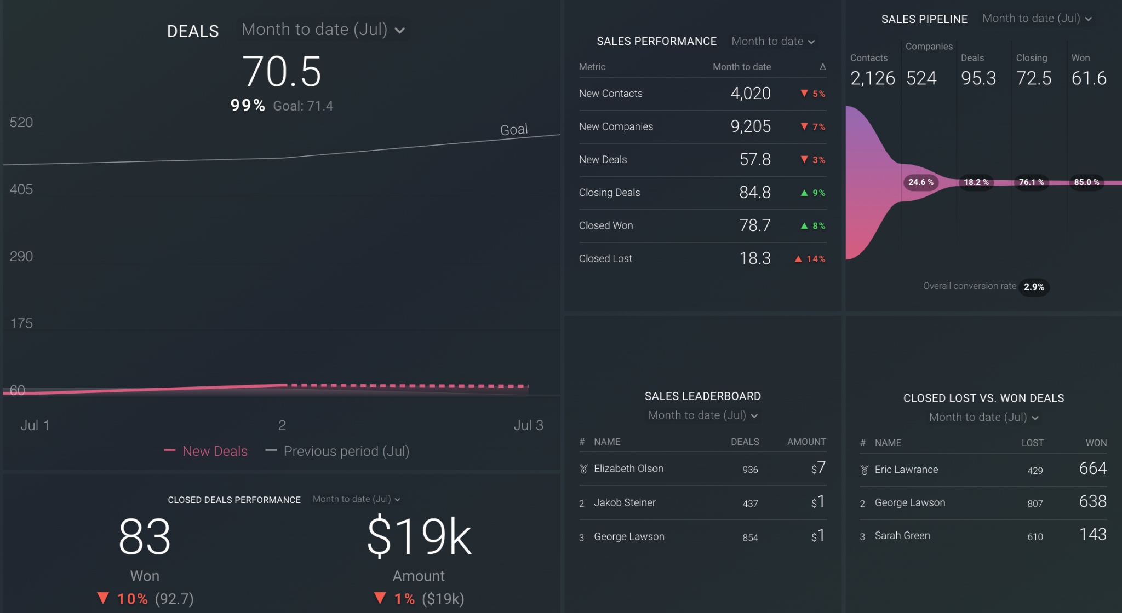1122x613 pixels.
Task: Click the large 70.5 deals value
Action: point(282,72)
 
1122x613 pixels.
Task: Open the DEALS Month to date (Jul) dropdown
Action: point(323,30)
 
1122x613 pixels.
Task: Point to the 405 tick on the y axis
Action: point(21,189)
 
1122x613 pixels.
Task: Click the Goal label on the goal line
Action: point(513,130)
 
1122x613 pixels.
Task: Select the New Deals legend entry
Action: point(214,451)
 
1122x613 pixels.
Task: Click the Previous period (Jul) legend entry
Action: point(346,451)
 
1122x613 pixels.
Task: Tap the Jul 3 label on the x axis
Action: point(528,425)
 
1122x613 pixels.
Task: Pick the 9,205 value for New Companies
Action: point(750,126)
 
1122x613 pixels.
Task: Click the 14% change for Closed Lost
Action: point(815,259)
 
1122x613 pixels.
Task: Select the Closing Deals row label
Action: point(609,193)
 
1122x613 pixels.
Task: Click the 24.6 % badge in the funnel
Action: point(920,182)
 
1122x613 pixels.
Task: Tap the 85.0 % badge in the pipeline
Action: point(1086,182)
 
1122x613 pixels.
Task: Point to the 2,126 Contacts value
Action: point(872,78)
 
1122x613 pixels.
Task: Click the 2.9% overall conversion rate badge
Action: point(1033,287)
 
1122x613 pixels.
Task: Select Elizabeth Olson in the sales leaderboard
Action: point(628,469)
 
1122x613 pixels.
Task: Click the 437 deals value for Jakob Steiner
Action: point(750,504)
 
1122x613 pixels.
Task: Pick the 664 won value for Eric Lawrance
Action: point(1092,469)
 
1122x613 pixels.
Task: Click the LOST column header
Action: point(1032,443)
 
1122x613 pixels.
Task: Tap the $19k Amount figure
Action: point(419,537)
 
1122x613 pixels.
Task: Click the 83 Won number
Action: point(145,537)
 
